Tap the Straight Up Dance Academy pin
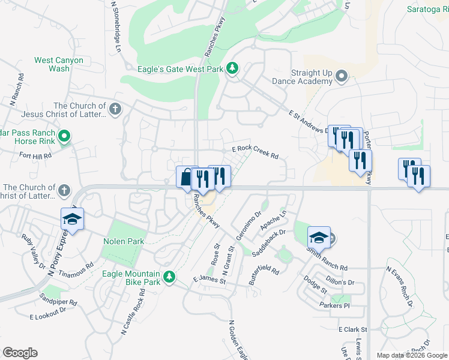click(x=342, y=76)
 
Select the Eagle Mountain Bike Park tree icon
click(x=170, y=276)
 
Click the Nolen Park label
click(x=123, y=241)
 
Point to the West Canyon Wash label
click(x=51, y=64)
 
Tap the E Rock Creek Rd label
click(x=255, y=152)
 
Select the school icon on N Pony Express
click(x=72, y=218)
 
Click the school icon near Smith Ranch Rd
click(x=319, y=237)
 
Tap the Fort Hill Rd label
click(x=35, y=155)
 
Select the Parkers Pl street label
click(x=334, y=306)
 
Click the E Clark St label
click(x=352, y=329)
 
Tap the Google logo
click(x=20, y=353)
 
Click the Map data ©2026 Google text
click(x=411, y=355)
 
